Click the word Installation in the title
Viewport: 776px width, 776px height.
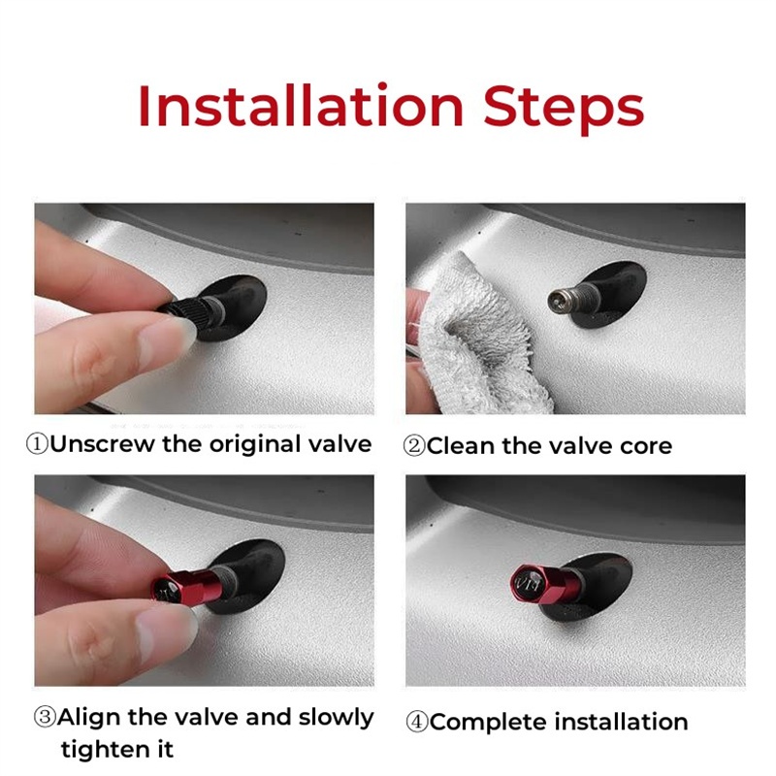301,107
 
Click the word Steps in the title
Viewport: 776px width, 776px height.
564,109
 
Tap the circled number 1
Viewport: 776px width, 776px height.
37,444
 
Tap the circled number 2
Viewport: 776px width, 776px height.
414,446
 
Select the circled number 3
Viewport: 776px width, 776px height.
45,717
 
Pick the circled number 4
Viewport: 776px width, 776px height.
417,722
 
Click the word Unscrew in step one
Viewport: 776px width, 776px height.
103,444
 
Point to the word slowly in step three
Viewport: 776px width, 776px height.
336,718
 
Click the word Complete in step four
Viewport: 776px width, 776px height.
490,723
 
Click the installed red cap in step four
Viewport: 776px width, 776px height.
543,584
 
